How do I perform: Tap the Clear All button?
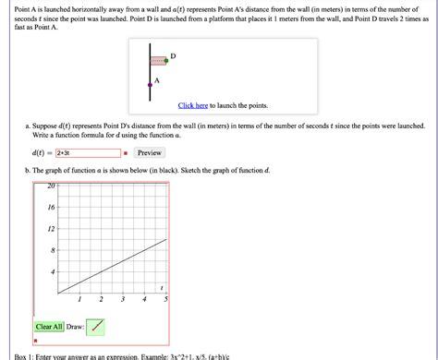click(49, 326)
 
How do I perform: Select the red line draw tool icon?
click(98, 326)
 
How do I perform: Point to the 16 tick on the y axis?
click(52, 208)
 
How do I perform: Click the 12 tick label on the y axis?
click(52, 229)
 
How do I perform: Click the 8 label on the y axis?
click(54, 250)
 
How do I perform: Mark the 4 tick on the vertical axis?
click(54, 271)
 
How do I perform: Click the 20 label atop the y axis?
click(52, 186)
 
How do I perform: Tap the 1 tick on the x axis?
click(80, 300)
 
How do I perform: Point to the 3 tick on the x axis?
click(123, 300)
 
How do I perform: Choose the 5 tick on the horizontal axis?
click(166, 300)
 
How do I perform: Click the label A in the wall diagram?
click(156, 80)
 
